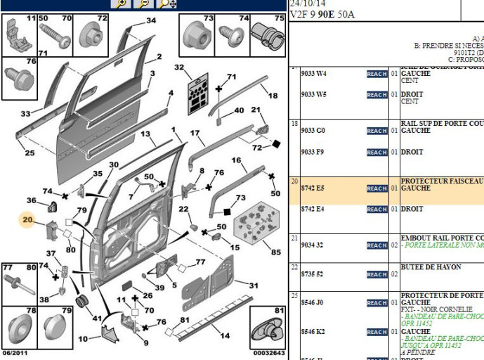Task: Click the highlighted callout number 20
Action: coord(28,220)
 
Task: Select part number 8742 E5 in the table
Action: coord(313,188)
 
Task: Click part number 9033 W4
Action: coord(313,74)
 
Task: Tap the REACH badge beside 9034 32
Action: coord(377,245)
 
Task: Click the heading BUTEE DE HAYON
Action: coord(431,267)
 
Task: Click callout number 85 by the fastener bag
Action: coord(275,252)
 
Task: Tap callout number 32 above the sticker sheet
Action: coord(179,67)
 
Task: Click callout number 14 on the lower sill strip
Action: coord(225,336)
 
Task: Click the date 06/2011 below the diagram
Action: coord(15,353)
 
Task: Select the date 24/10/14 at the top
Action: coord(306,3)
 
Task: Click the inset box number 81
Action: coord(280,310)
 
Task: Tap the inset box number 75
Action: coord(280,18)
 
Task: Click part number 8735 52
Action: coord(313,274)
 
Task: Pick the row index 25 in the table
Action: coord(294,295)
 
